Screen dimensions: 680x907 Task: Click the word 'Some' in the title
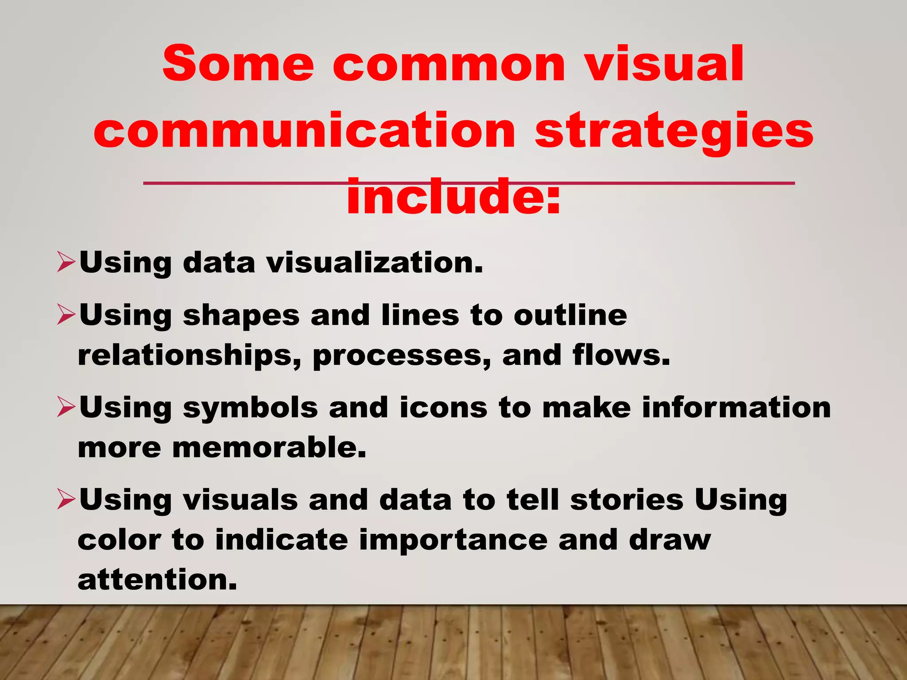pos(238,64)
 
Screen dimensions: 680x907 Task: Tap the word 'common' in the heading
pos(449,65)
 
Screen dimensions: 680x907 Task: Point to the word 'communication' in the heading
pos(304,130)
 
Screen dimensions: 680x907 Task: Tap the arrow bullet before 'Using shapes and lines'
pos(66,316)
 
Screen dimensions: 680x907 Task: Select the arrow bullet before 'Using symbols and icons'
pos(66,408)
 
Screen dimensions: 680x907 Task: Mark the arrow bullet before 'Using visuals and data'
pos(66,500)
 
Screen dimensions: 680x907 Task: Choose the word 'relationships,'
pos(190,355)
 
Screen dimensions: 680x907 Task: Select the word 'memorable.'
pos(269,447)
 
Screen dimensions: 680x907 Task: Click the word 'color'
pos(119,540)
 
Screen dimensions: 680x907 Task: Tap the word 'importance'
pos(453,540)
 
